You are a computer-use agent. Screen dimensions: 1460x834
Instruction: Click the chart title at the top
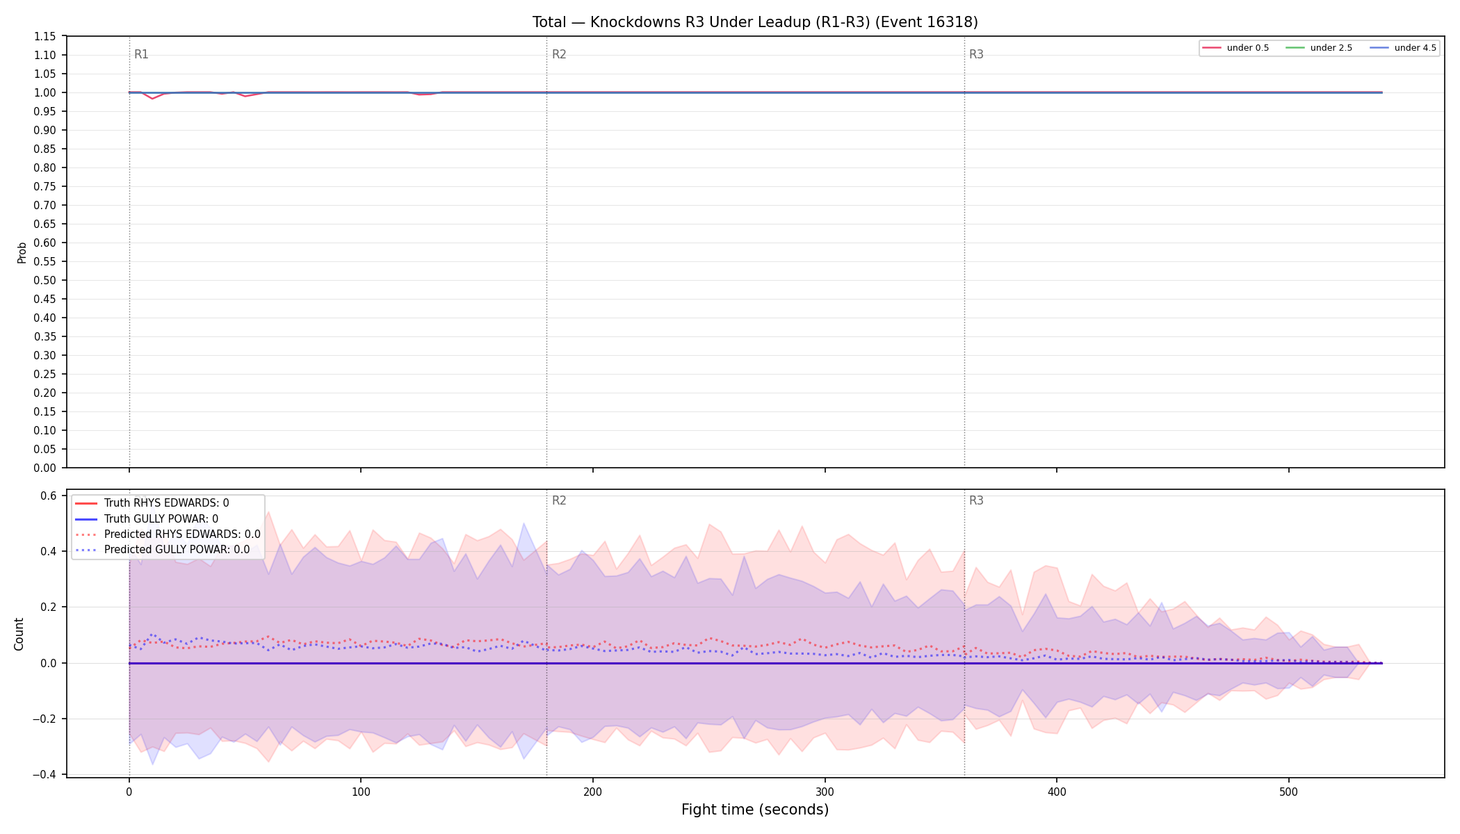point(755,22)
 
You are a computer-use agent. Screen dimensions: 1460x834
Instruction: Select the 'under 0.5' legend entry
point(1236,48)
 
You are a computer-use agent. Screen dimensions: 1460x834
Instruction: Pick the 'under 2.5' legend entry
point(1320,48)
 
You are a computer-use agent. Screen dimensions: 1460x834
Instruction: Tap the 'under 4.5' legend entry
point(1403,48)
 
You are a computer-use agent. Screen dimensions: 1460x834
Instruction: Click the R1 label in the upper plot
point(141,54)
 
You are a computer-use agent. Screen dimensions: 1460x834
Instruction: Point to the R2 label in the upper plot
point(559,54)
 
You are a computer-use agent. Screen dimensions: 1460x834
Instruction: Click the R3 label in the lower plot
point(976,500)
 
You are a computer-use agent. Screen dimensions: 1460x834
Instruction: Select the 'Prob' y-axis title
point(22,252)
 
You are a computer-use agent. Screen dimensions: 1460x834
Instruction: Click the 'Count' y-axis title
point(19,634)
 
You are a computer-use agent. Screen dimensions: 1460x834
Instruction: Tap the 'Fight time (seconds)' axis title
point(755,810)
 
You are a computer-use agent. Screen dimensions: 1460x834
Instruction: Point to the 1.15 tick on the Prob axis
point(45,36)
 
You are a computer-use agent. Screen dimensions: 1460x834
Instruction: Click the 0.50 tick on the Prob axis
point(45,280)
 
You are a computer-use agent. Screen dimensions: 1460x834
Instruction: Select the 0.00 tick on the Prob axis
point(45,468)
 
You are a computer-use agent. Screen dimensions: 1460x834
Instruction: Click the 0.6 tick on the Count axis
point(49,496)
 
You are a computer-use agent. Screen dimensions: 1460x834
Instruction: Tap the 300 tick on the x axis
point(825,792)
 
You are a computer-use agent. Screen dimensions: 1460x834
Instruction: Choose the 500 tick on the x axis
point(1288,792)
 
